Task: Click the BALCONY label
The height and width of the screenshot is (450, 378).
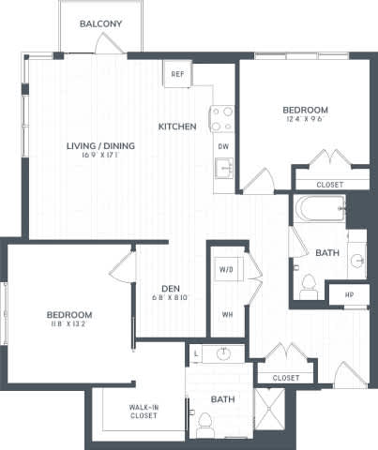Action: (x=98, y=22)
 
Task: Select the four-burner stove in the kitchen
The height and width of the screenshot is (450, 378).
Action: (x=222, y=117)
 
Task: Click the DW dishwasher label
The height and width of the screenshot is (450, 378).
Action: (x=223, y=146)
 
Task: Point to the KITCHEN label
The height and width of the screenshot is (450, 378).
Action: (x=176, y=127)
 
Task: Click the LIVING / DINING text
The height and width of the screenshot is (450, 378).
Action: (x=100, y=145)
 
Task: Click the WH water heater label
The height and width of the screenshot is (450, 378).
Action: (x=227, y=314)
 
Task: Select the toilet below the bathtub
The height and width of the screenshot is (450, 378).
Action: (x=309, y=285)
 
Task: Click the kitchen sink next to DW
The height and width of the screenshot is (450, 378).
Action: (x=223, y=170)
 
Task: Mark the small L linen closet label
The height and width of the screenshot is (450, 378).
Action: (x=195, y=354)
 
